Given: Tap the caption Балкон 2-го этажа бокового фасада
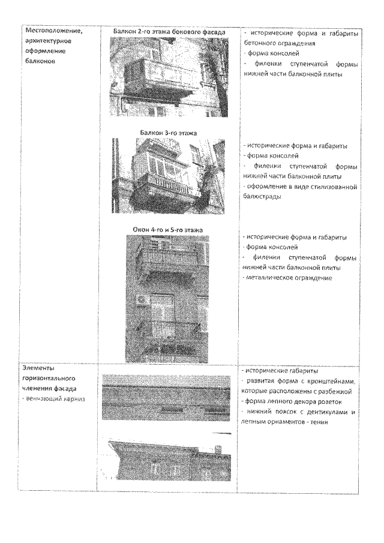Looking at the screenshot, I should pyautogui.click(x=169, y=31).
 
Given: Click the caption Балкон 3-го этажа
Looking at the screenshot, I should pyautogui.click(x=169, y=132).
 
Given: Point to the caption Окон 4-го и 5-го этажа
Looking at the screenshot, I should pyautogui.click(x=168, y=230).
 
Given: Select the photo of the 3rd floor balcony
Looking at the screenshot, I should pyautogui.click(x=169, y=176).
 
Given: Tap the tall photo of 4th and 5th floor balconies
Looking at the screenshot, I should pyautogui.click(x=167, y=298).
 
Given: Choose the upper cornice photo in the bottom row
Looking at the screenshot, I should pyautogui.click(x=166, y=396).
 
